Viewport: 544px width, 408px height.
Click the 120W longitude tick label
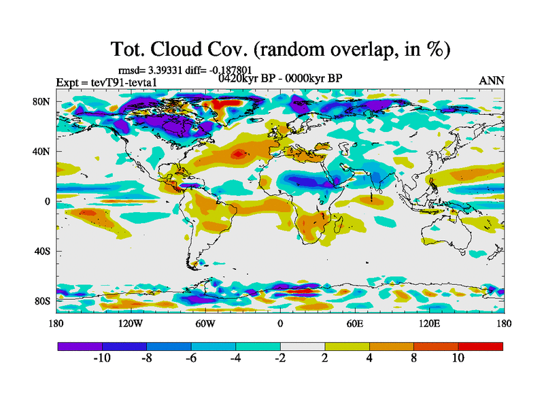(130, 324)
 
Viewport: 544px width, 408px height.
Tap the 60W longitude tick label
(205, 324)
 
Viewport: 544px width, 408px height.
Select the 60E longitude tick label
(354, 324)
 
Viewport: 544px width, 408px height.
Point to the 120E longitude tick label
(428, 324)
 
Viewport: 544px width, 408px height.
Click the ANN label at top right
(492, 80)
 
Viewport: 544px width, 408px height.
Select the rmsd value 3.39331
(170, 69)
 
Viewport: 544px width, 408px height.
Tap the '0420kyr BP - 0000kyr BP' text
(280, 78)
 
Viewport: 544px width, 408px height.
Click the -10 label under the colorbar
(102, 358)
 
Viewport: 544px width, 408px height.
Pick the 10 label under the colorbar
(458, 358)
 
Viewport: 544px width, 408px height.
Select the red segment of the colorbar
(480, 346)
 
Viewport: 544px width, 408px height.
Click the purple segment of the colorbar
(80, 346)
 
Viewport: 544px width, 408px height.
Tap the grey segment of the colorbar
(302, 346)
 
